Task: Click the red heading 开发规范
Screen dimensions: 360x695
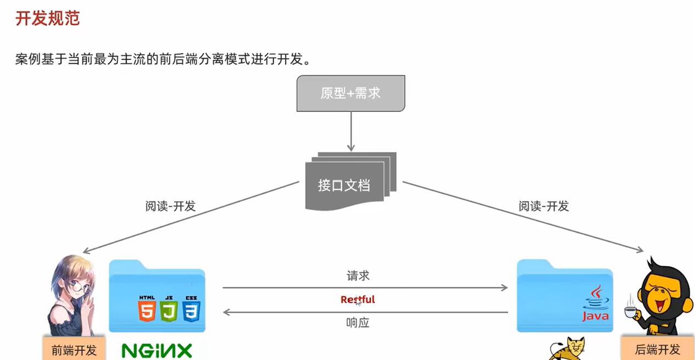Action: [x=47, y=18]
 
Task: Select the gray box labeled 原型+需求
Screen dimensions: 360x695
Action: [x=350, y=93]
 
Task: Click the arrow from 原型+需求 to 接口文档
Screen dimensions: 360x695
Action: [x=350, y=132]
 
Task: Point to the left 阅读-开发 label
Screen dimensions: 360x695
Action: [x=170, y=206]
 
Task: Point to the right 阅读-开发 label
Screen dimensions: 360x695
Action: [x=543, y=206]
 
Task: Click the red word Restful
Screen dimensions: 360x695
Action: [x=357, y=300]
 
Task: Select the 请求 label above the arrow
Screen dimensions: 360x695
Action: [x=357, y=276]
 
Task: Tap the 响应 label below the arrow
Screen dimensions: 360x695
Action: [x=357, y=323]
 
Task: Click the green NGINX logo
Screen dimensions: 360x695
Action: [x=156, y=351]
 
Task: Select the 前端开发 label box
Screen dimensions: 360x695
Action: [x=74, y=350]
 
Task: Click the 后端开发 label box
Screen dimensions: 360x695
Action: [x=657, y=349]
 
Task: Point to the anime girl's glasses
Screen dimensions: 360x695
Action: [x=77, y=286]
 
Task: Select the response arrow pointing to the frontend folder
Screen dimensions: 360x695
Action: [x=365, y=312]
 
